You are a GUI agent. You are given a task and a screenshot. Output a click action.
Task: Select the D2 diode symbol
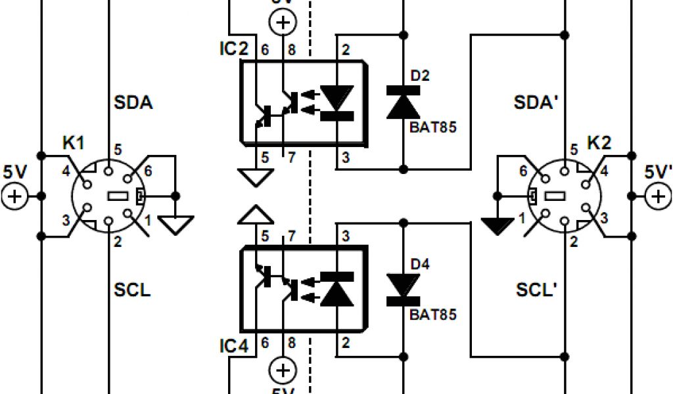coord(404,102)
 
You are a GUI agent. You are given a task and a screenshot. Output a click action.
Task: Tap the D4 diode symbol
coord(404,288)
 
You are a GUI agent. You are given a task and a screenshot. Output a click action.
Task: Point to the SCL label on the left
coord(132,289)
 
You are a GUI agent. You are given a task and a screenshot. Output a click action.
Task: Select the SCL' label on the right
coord(536,289)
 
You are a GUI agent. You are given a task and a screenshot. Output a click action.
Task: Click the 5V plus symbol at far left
coord(14,196)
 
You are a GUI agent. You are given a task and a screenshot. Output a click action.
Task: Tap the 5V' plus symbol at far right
coord(658,196)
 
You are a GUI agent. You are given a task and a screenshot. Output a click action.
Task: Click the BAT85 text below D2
coord(432,127)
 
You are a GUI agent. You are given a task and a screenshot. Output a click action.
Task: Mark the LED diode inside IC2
coord(338,101)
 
